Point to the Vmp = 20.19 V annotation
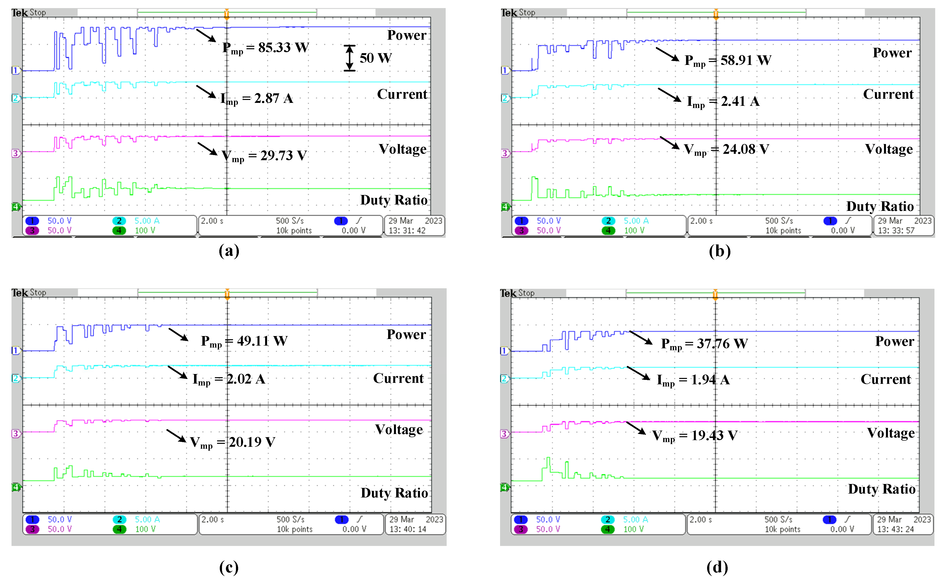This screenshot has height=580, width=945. click(x=233, y=443)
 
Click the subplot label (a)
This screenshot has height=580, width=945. click(x=229, y=251)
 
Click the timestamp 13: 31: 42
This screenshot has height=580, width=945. click(x=407, y=230)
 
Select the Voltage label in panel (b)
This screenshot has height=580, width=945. click(x=889, y=149)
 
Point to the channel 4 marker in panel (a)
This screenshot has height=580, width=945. click(x=16, y=207)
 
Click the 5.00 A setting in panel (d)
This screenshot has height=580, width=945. click(x=635, y=520)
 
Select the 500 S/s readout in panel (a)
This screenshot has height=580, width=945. click(x=290, y=221)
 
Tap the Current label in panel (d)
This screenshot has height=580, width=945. click(x=885, y=379)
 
